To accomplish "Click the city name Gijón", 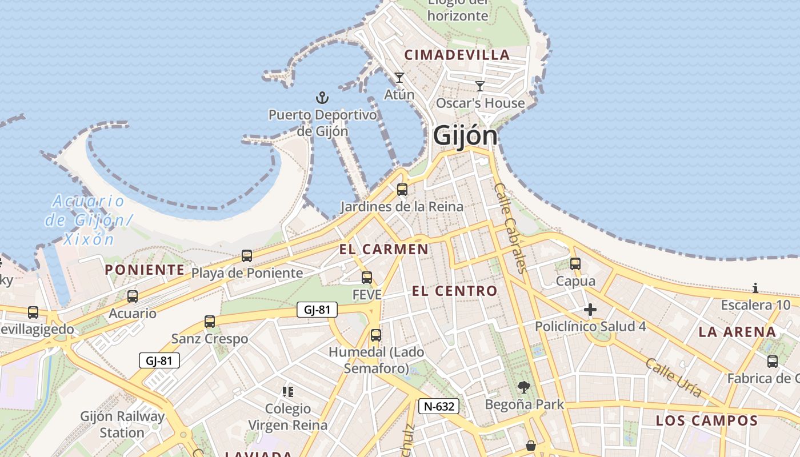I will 465,136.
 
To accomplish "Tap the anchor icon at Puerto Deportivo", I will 322,98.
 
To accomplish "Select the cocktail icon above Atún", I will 399,77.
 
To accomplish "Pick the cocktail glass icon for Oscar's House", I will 480,86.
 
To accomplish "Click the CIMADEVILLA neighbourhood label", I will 457,55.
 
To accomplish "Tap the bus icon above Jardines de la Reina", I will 402,190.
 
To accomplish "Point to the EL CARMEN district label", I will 383,249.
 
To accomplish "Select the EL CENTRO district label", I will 454,291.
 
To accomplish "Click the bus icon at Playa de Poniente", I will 247,256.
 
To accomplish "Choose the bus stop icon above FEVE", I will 367,278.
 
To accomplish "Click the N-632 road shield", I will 439,406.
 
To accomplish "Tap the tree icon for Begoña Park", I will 523,388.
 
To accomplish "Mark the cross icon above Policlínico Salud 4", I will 590,310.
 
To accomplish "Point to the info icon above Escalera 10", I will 755,288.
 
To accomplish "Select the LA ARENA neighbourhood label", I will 737,332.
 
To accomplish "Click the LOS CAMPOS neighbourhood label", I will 706,421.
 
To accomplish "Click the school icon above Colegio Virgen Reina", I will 288,392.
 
